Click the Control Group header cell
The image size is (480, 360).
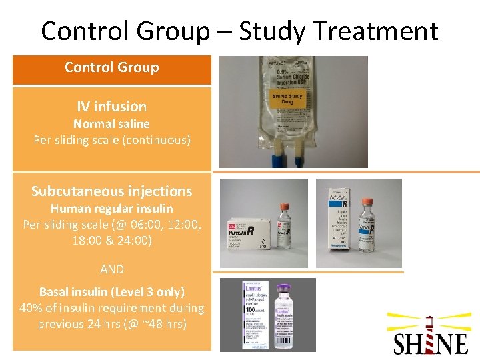[x=111, y=67]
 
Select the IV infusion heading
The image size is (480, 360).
[x=111, y=107]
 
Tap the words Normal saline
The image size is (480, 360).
[x=111, y=124]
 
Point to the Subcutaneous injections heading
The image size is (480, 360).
[x=111, y=191]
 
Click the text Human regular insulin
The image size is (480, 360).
[x=111, y=209]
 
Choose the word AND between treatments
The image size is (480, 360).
[x=111, y=269]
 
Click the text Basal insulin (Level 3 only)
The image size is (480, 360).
[x=111, y=292]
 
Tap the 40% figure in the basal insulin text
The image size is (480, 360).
[x=32, y=308]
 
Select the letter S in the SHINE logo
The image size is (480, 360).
[x=401, y=343]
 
